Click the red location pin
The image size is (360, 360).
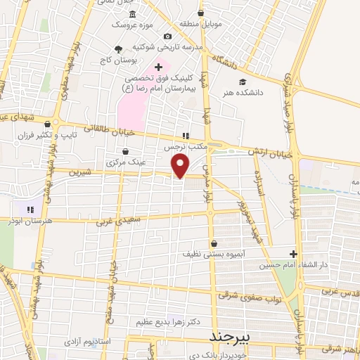[181, 166]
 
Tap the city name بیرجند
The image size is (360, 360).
[231, 337]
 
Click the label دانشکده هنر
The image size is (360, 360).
[243, 92]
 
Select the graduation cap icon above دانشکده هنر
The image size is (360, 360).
[243, 81]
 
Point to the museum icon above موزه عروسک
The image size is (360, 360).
[134, 14]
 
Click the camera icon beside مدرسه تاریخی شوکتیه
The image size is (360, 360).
[167, 37]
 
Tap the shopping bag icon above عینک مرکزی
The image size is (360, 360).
[126, 150]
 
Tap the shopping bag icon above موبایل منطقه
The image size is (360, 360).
[201, 12]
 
